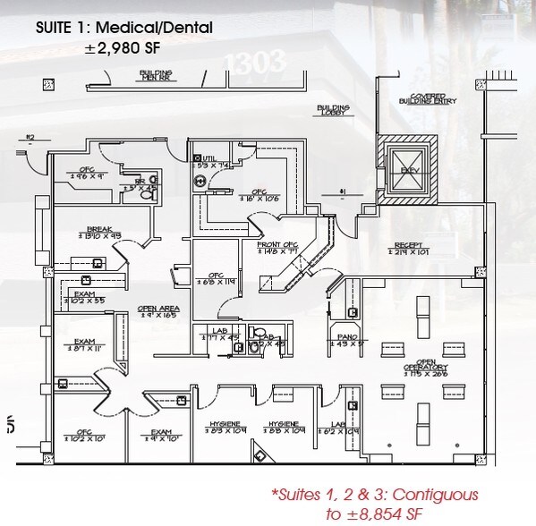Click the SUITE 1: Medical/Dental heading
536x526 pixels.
tap(123, 28)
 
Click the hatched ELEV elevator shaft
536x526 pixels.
tap(410, 169)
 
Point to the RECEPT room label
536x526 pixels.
tap(410, 249)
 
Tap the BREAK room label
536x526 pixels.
tap(98, 232)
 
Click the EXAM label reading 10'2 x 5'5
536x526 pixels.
tap(86, 297)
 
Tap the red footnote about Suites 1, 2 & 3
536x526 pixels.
tap(375, 504)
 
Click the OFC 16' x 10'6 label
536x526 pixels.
tap(259, 194)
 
